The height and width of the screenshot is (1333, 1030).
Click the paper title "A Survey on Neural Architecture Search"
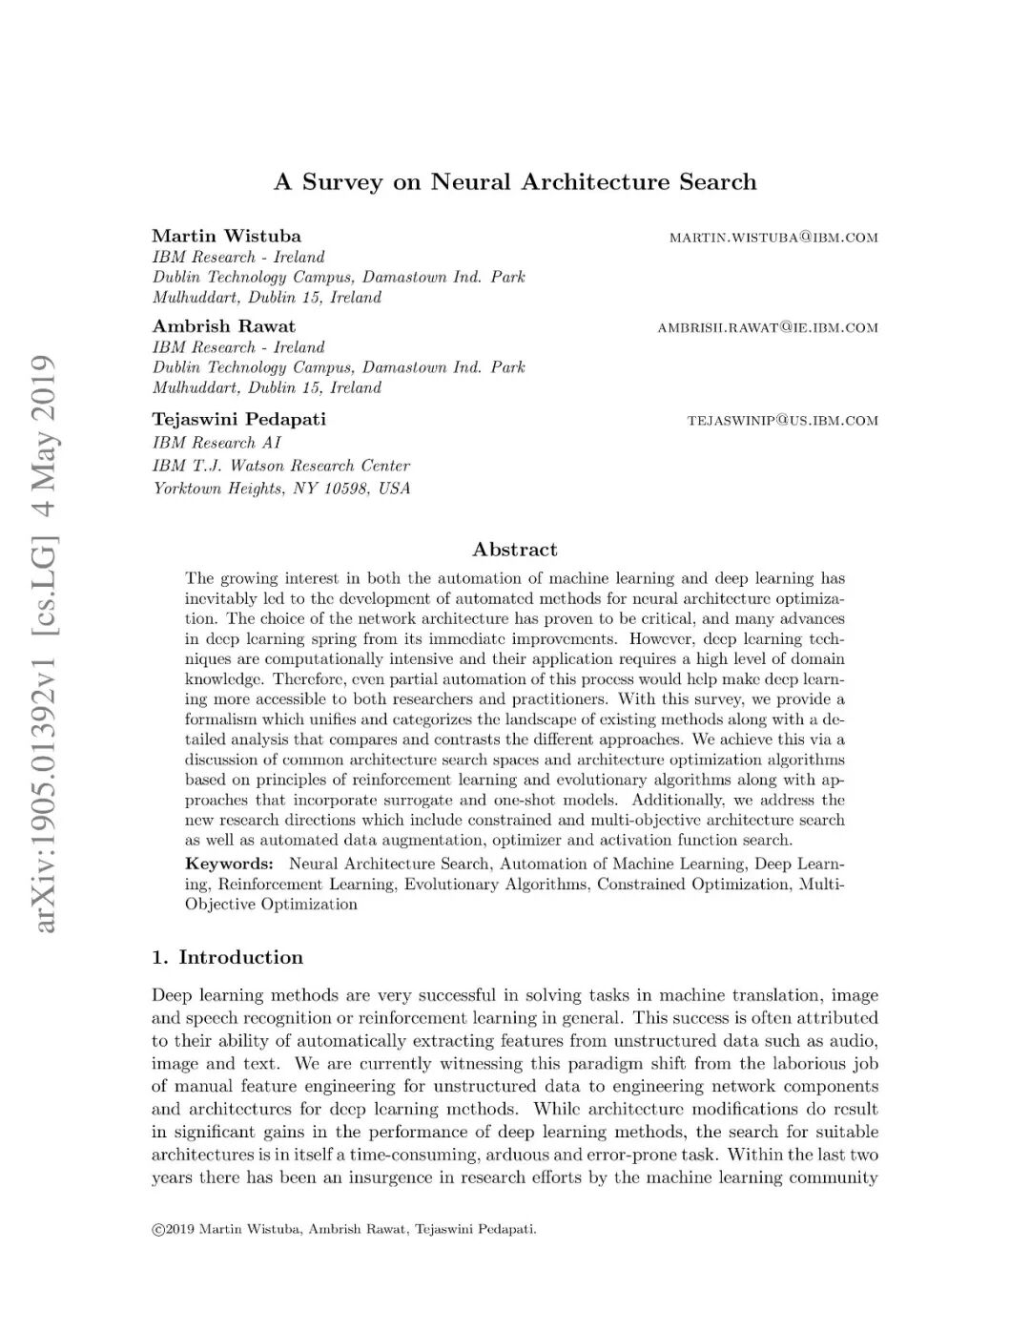pyautogui.click(x=515, y=182)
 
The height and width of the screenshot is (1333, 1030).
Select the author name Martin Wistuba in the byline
pyautogui.click(x=226, y=236)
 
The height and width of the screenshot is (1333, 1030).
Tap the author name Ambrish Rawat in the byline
pyautogui.click(x=223, y=326)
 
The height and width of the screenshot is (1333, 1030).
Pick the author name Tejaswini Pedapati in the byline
pyautogui.click(x=238, y=419)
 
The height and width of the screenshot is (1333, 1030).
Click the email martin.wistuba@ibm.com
pyautogui.click(x=773, y=238)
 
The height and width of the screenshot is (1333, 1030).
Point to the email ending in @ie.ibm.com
pyautogui.click(x=767, y=328)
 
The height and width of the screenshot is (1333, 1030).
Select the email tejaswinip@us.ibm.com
pyautogui.click(x=782, y=421)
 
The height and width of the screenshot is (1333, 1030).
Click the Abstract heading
pyautogui.click(x=515, y=550)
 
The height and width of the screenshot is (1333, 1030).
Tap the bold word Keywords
pyautogui.click(x=228, y=864)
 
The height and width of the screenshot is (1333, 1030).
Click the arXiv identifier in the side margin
pyautogui.click(x=43, y=644)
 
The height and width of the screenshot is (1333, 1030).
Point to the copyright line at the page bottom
pyautogui.click(x=344, y=1229)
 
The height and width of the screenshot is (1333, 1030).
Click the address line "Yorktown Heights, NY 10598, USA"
pyautogui.click(x=281, y=489)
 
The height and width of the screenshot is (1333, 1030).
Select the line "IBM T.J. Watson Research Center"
pyautogui.click(x=281, y=466)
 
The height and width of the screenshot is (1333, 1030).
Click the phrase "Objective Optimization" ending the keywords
pyautogui.click(x=271, y=905)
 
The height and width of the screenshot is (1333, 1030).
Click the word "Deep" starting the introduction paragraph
pyautogui.click(x=172, y=995)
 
